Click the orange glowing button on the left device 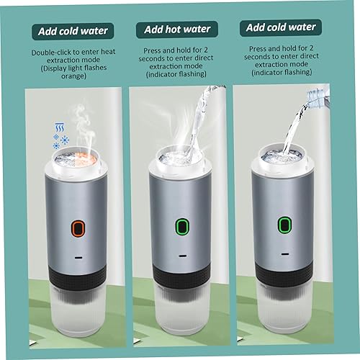[78, 228]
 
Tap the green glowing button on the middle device [182, 226]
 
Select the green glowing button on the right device [284, 225]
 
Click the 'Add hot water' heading [177, 30]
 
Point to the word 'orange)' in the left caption [73, 76]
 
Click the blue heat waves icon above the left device [59, 127]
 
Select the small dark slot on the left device [78, 258]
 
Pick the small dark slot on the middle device [182, 256]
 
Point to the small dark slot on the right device [285, 254]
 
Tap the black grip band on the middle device [182, 276]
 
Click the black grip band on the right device [284, 274]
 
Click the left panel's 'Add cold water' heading [73, 32]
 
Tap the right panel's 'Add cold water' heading [281, 27]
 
